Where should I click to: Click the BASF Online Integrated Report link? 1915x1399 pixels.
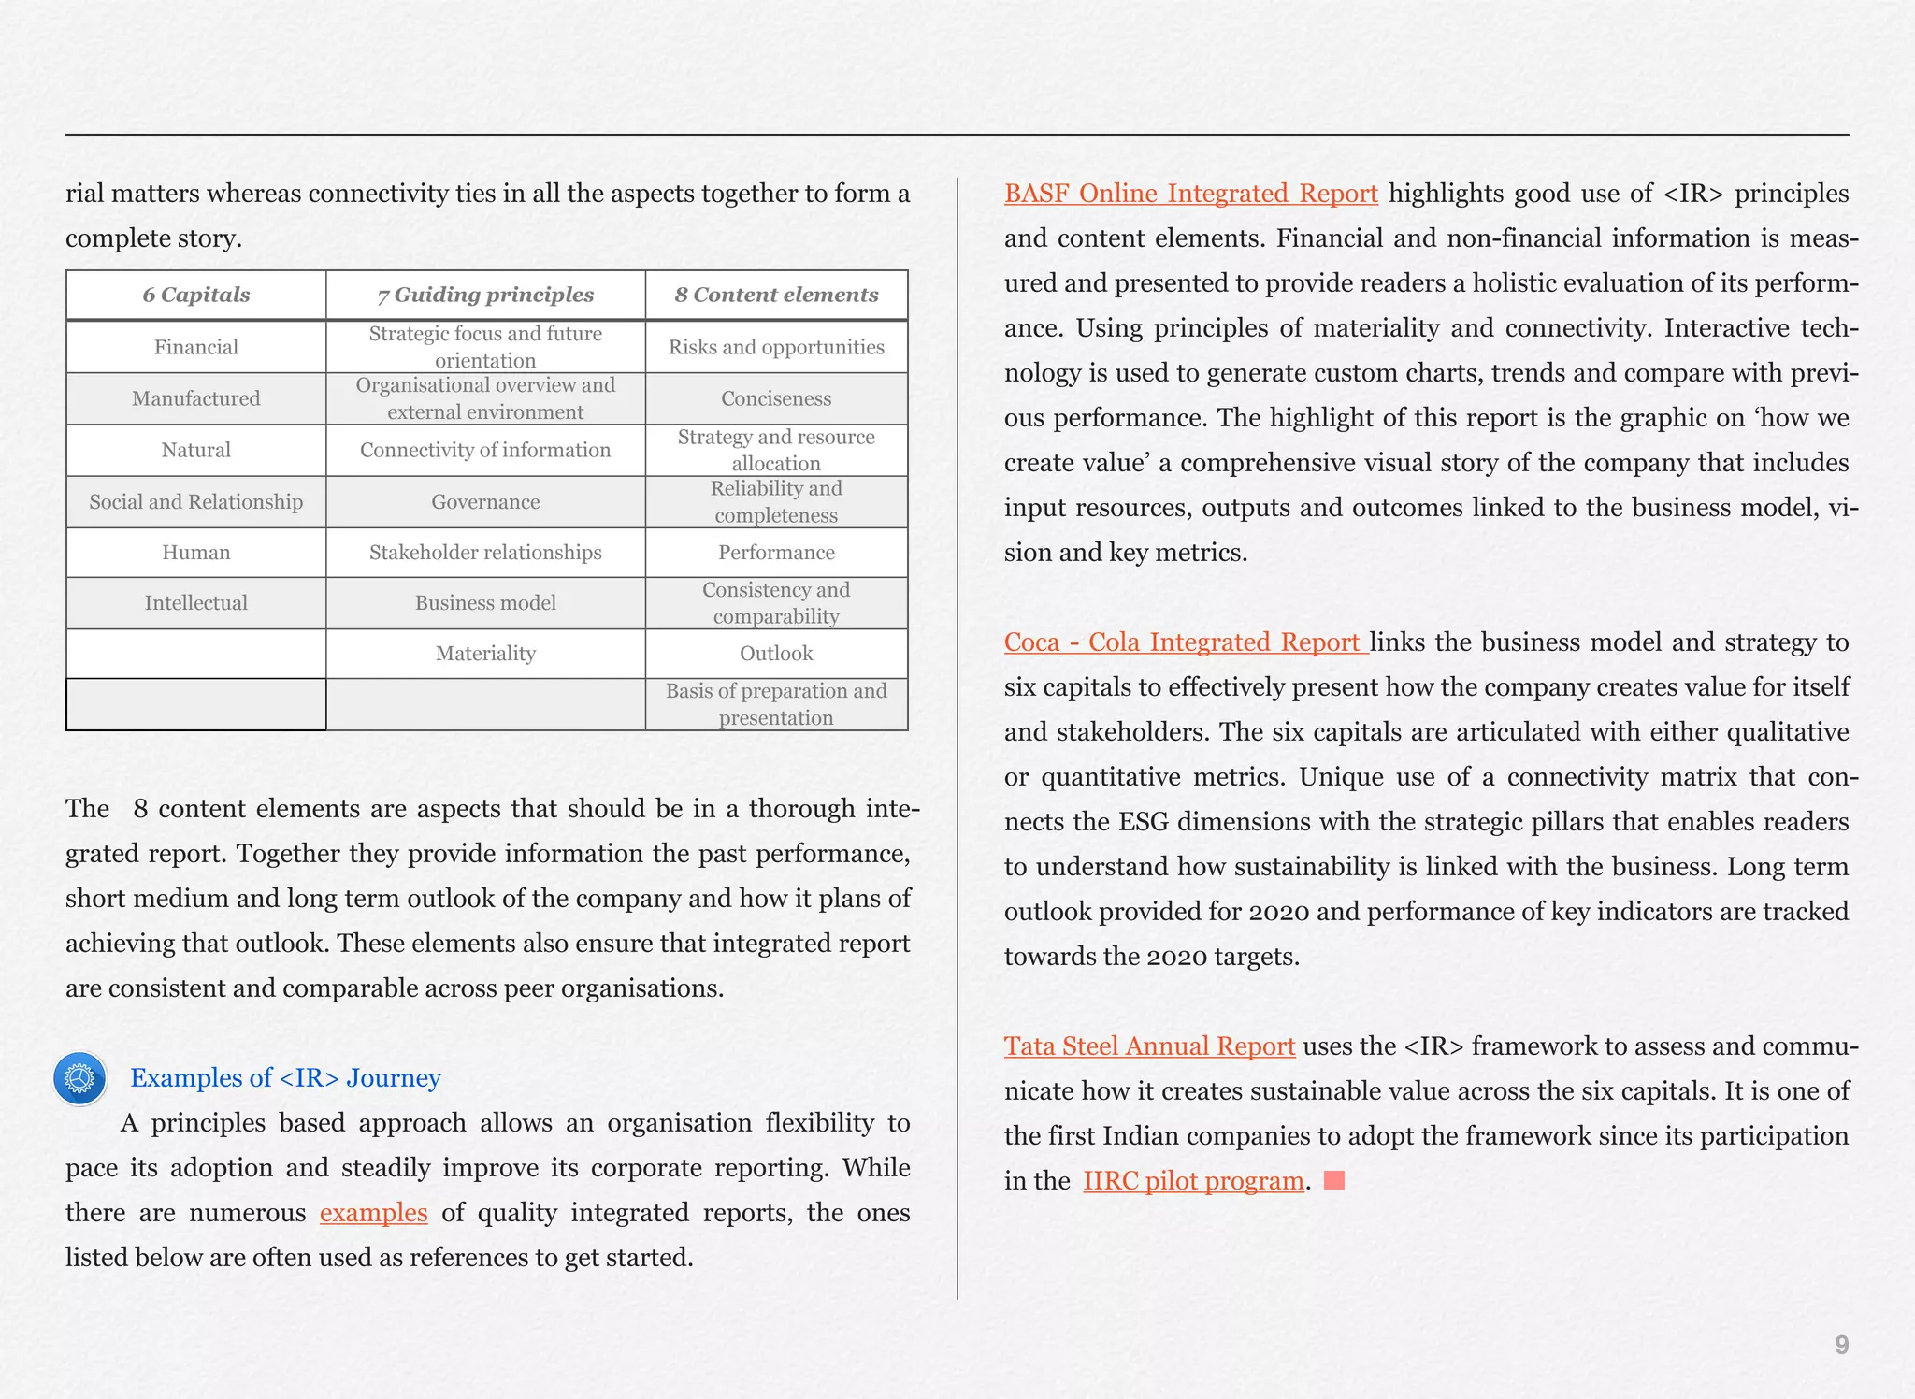tap(1190, 194)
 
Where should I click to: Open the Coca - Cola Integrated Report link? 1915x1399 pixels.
tap(1185, 642)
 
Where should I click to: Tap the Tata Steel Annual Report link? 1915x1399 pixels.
tap(1149, 1046)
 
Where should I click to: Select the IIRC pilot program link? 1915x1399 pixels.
tap(1193, 1181)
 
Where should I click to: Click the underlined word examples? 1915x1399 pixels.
tap(373, 1213)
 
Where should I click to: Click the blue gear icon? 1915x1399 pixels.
tap(80, 1078)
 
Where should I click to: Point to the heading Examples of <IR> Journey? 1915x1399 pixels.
tap(285, 1078)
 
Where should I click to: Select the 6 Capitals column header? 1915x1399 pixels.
tap(196, 295)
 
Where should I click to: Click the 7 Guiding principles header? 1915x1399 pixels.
tap(485, 295)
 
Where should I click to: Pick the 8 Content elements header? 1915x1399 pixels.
tap(776, 295)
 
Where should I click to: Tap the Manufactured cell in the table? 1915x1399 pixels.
tap(196, 398)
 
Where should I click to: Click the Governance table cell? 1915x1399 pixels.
tap(485, 502)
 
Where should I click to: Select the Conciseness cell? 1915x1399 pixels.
tap(776, 398)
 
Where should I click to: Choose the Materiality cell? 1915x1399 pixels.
tap(485, 654)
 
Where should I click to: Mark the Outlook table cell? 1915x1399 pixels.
tap(776, 654)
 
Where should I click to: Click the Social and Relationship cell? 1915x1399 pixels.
tap(196, 502)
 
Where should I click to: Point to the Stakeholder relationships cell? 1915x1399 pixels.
tap(485, 553)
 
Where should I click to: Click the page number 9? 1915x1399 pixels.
tap(1841, 1345)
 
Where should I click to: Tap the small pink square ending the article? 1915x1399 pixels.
tap(1334, 1180)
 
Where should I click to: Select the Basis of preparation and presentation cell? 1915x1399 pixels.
tap(776, 704)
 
